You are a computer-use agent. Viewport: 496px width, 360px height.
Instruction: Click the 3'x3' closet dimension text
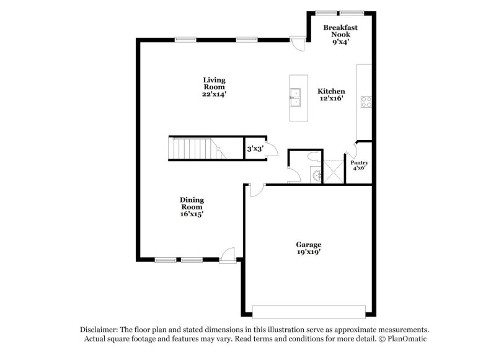tap(254, 149)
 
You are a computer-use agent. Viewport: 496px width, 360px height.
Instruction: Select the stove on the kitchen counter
tap(366, 102)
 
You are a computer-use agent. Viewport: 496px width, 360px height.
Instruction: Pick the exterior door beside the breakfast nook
tap(299, 44)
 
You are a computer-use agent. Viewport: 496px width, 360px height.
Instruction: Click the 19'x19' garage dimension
tap(308, 252)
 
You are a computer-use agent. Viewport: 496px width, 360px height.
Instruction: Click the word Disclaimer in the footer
tap(100, 330)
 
